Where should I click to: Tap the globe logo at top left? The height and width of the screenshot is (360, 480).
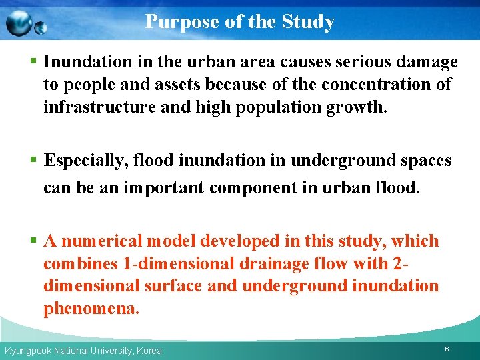click(x=25, y=25)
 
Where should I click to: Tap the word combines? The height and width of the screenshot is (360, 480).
click(x=81, y=264)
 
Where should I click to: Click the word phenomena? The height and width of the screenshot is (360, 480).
click(x=91, y=309)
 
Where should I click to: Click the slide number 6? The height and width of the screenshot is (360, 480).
click(x=447, y=349)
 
